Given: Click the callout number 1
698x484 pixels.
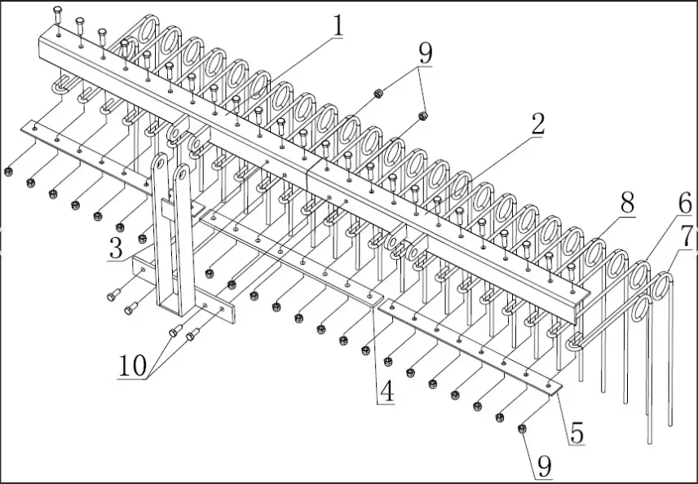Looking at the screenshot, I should click(336, 27).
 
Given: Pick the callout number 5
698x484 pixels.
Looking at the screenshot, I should click(577, 433).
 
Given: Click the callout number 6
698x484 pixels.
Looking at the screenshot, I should click(684, 204).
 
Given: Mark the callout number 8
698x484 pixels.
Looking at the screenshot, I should click(626, 204).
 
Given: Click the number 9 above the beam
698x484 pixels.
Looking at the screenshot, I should click(425, 54).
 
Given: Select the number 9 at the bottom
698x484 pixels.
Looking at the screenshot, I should click(544, 466).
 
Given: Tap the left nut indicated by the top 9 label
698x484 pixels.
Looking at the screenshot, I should click(378, 95).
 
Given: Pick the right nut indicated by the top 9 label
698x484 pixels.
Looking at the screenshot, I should click(423, 116).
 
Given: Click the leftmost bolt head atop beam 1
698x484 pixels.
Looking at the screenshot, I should click(57, 11).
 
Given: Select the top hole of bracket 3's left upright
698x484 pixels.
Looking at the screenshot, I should click(160, 163).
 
